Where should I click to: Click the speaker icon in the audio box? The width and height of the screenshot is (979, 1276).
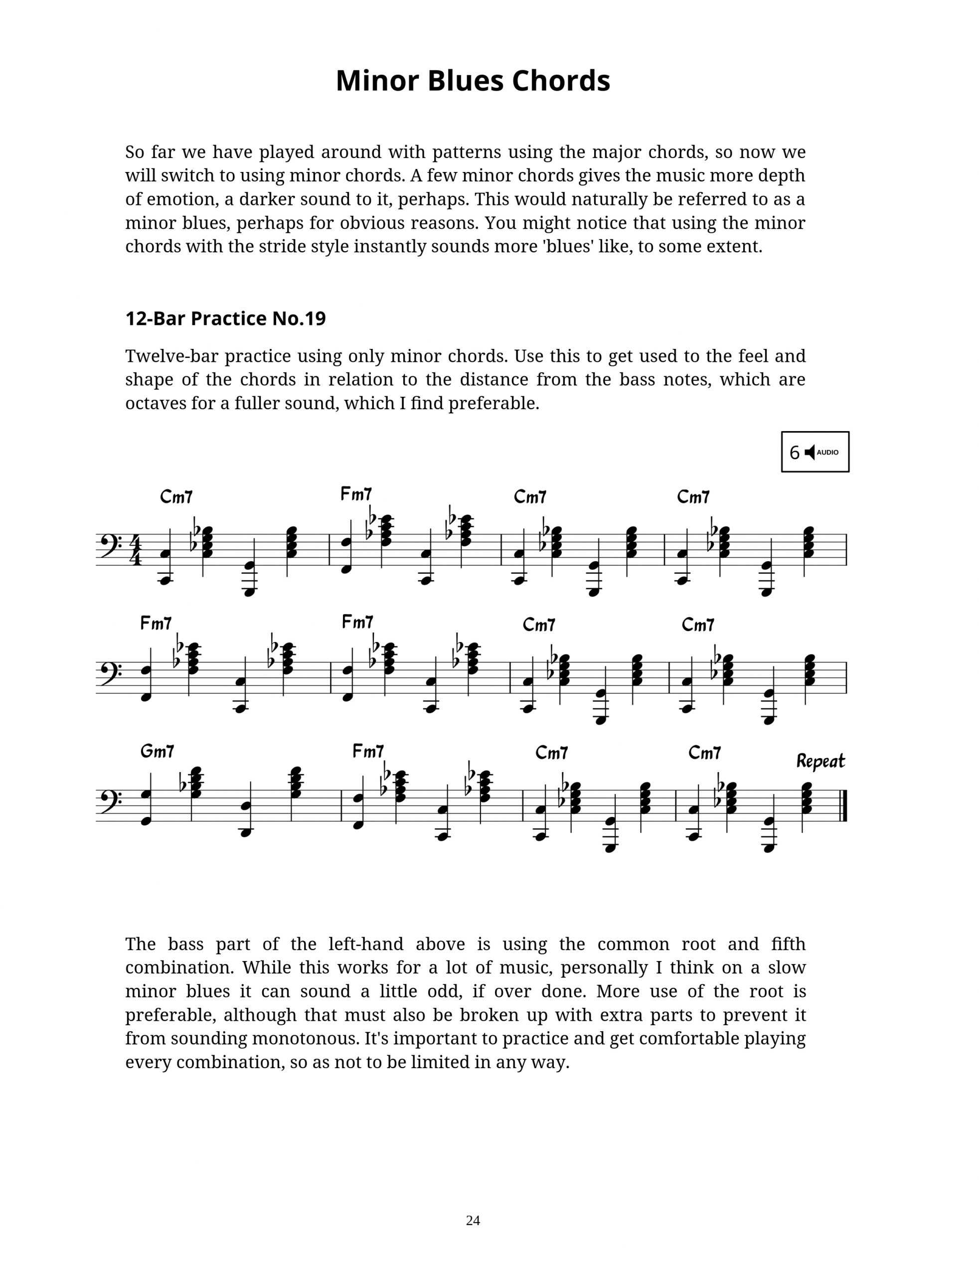(810, 452)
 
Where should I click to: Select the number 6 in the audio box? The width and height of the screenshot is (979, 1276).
(794, 453)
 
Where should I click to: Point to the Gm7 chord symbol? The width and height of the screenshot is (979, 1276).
(157, 752)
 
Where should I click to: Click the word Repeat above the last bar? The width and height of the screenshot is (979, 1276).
(820, 761)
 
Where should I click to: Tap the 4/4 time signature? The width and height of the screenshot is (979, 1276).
(136, 549)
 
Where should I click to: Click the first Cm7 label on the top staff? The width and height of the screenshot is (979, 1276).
(176, 497)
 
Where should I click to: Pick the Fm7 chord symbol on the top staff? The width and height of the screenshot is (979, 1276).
(355, 494)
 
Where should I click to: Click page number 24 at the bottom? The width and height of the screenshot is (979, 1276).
(473, 1221)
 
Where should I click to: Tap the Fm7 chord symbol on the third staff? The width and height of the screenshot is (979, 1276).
(368, 752)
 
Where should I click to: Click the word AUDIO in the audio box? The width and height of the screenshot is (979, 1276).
(827, 452)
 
